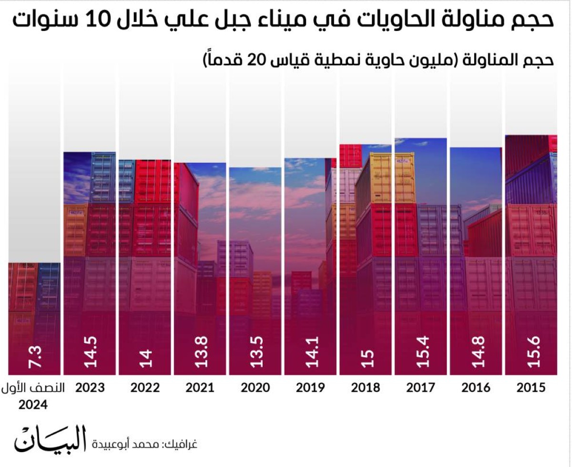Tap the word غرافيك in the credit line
pos(181,445)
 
